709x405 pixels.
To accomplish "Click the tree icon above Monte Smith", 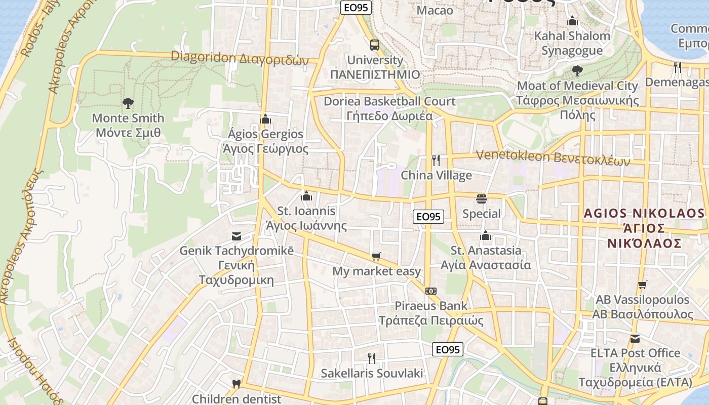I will pyautogui.click(x=128, y=103).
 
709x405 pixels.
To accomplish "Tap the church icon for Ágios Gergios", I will pyautogui.click(x=265, y=119).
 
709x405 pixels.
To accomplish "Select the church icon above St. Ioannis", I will pyautogui.click(x=306, y=196).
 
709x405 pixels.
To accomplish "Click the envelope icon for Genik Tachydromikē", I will pyautogui.click(x=236, y=236).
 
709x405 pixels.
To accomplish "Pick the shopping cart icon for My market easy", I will pyautogui.click(x=376, y=257).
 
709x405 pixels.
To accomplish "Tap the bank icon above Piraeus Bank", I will pyautogui.click(x=430, y=291).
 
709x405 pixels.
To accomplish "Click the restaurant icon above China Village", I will pyautogui.click(x=436, y=160).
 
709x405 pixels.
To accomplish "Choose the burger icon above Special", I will pyautogui.click(x=481, y=198).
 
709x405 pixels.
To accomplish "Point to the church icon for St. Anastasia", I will pyautogui.click(x=486, y=235).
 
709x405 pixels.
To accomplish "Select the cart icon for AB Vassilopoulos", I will pyautogui.click(x=642, y=285).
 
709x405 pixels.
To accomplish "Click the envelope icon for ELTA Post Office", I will pyautogui.click(x=635, y=338).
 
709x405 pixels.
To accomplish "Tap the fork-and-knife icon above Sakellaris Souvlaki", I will pyautogui.click(x=372, y=358).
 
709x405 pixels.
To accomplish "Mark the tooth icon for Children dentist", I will pyautogui.click(x=236, y=384).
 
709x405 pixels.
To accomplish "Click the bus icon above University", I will pyautogui.click(x=374, y=45).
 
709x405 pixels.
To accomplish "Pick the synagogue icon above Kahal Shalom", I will pyautogui.click(x=572, y=21).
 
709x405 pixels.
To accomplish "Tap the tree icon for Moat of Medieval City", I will pyautogui.click(x=577, y=71).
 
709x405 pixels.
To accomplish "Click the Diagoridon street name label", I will pyautogui.click(x=240, y=58).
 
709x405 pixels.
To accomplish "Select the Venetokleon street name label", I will pyautogui.click(x=553, y=158).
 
